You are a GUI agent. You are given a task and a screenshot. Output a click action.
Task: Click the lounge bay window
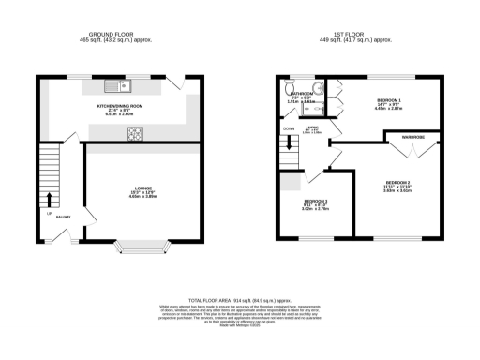pyautogui.click(x=142, y=248)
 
